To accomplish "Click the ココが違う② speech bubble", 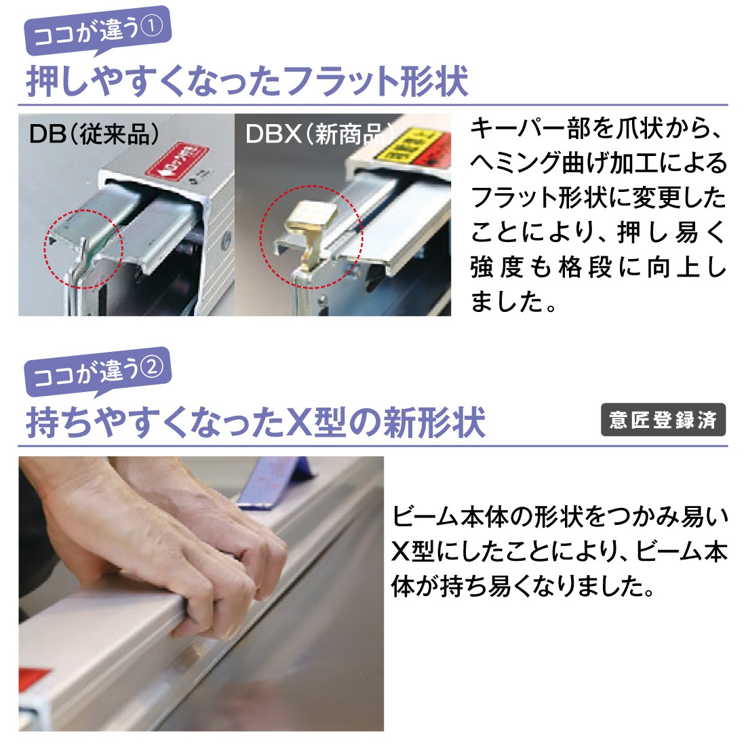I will tap(97, 372).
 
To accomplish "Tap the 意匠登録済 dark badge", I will tap(663, 420).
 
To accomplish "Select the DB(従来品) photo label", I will tap(94, 134).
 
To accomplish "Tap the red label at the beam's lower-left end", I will tap(34, 678).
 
